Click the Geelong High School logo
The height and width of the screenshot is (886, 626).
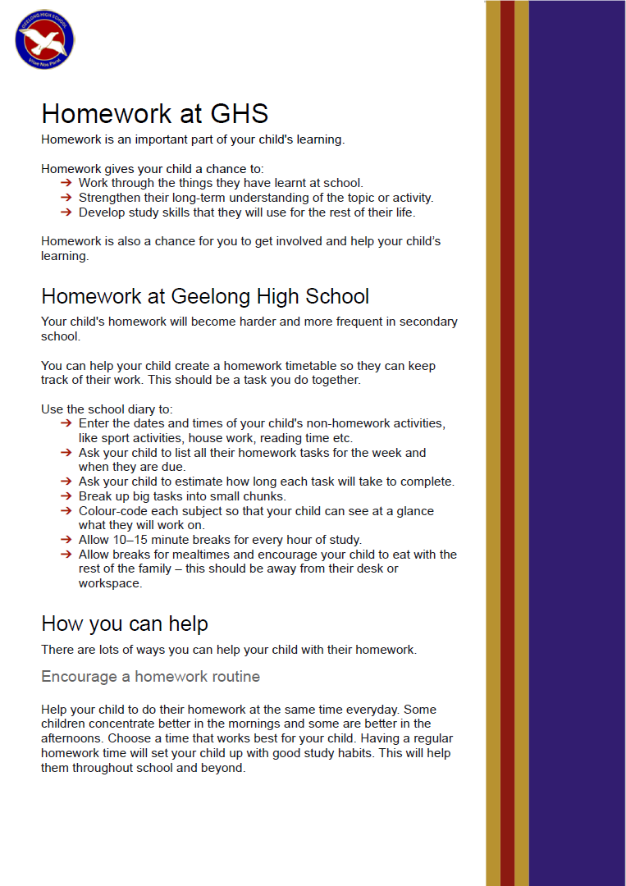pos(45,39)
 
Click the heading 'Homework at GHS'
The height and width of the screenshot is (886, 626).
pos(154,113)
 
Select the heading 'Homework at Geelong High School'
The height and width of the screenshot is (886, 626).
pos(205,296)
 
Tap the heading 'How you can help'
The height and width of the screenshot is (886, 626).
pos(125,623)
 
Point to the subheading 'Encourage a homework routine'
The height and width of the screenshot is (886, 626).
pos(150,677)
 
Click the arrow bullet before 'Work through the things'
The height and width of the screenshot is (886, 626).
pos(66,183)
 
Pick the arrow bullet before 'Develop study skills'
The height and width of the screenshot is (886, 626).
pos(66,212)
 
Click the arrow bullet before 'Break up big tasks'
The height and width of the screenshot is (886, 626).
pos(66,496)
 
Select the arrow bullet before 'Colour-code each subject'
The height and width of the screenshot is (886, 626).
pos(66,511)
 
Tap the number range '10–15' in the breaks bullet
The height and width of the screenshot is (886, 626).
pos(131,540)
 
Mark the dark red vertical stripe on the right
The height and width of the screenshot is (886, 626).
pos(507,443)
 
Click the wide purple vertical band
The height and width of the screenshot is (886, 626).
pos(577,443)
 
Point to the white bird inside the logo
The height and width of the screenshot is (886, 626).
pos(44,39)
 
